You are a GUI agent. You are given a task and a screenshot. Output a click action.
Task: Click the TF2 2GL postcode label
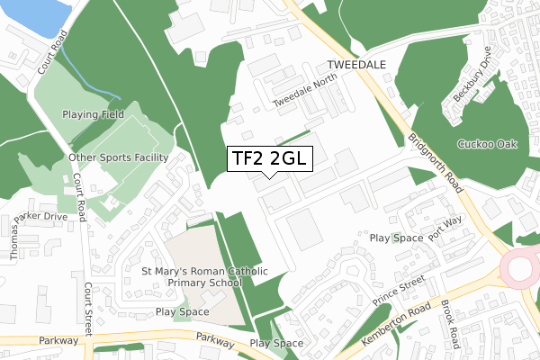coord(269,157)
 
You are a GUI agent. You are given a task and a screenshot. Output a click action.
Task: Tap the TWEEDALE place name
coord(355,67)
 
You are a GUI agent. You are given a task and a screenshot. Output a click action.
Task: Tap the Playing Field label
coord(92,115)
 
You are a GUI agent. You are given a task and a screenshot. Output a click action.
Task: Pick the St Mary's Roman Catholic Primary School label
coord(192,275)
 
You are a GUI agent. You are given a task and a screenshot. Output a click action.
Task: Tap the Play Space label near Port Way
coord(396,238)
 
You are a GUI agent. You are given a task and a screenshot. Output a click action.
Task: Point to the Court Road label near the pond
coord(51,54)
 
